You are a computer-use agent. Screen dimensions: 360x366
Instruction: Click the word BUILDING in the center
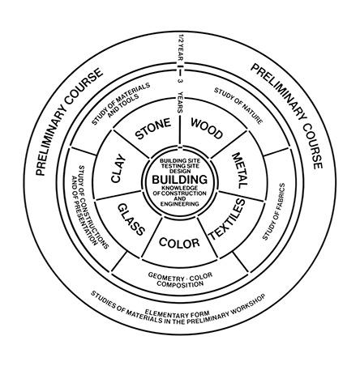(x=180, y=180)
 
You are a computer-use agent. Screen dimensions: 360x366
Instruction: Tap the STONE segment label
(x=153, y=129)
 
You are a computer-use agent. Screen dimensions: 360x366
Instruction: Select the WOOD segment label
(x=207, y=128)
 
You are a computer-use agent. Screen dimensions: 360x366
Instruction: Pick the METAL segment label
(x=240, y=171)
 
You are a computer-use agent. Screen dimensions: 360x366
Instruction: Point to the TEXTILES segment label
(x=228, y=219)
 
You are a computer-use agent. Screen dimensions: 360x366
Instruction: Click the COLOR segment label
(x=179, y=243)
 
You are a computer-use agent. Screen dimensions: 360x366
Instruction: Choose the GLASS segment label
(x=131, y=219)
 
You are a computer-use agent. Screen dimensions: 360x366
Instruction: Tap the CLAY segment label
(x=118, y=168)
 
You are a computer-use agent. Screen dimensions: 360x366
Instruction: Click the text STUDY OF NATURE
(x=238, y=105)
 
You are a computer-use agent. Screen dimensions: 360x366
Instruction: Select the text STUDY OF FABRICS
(x=274, y=211)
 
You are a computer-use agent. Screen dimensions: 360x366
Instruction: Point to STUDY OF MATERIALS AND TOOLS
(x=122, y=104)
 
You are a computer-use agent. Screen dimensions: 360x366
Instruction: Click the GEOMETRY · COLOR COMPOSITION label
(x=180, y=279)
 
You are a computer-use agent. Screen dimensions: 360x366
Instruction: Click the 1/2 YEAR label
(x=181, y=48)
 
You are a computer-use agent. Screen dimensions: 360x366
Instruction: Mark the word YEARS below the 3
(x=181, y=102)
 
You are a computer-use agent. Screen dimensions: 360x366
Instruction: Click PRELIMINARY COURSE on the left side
(x=69, y=121)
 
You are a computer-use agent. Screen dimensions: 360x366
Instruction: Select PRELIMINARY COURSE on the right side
(x=287, y=117)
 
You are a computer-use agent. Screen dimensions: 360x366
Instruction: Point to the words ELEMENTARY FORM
(x=177, y=313)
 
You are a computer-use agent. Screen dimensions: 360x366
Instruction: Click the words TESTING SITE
(x=180, y=166)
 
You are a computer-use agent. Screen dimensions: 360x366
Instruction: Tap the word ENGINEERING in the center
(x=180, y=204)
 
